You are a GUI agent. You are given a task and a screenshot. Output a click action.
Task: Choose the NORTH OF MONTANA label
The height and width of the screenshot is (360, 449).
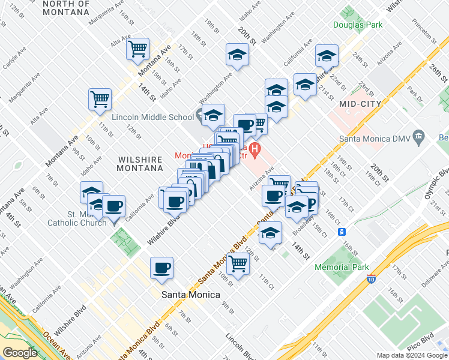66,8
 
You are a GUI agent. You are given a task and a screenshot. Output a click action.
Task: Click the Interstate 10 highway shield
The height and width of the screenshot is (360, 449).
372,278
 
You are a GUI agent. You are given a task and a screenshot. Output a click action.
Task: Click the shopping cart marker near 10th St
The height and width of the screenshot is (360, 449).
238,263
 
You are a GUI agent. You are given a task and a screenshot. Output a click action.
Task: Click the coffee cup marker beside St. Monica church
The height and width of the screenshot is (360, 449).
113,206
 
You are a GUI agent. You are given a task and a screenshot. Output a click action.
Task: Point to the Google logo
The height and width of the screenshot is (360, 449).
20,353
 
